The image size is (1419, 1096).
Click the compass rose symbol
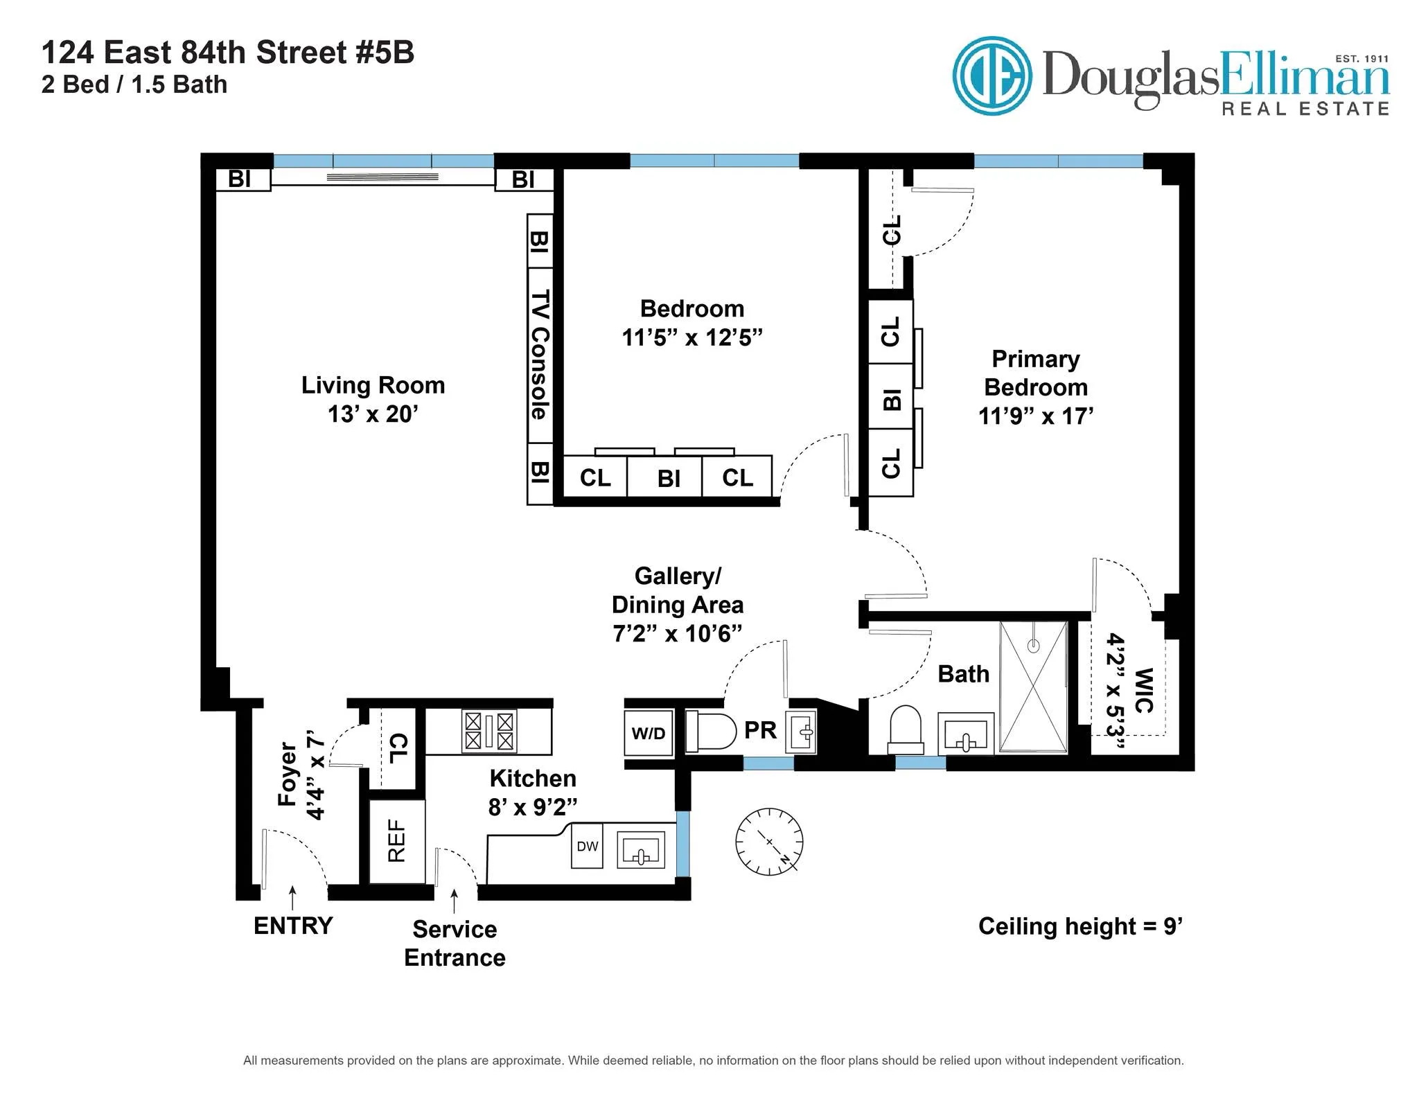point(768,841)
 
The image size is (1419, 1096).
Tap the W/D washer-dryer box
point(648,733)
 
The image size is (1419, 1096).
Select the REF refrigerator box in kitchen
point(396,841)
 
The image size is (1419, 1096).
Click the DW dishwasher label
point(587,846)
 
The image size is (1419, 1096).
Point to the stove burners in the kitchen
point(489,732)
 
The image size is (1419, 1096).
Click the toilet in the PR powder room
point(710,731)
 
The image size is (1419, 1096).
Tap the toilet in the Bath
point(906,730)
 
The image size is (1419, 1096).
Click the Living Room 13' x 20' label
point(373,399)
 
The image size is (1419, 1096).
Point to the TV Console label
point(540,354)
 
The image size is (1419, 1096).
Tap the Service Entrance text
point(455,943)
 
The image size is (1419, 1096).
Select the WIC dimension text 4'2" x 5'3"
point(1115,691)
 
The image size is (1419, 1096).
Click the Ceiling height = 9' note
point(1079,926)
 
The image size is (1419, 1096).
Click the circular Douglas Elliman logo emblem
point(991,76)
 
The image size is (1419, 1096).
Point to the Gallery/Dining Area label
point(677,604)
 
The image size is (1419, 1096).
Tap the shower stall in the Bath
point(1033,687)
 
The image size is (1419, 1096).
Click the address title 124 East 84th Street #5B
point(228,53)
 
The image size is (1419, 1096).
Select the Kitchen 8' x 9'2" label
point(532,792)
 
